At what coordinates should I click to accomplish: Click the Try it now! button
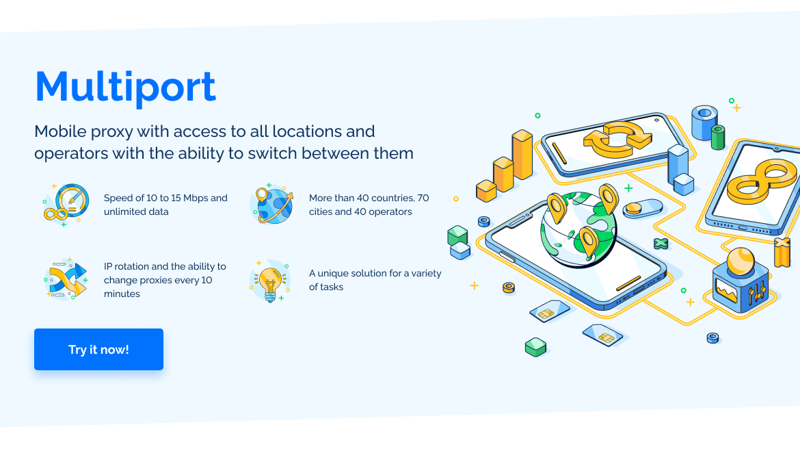pyautogui.click(x=98, y=349)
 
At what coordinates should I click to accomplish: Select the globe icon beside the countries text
pyautogui.click(x=272, y=204)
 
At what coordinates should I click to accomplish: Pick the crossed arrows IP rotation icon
pyautogui.click(x=66, y=279)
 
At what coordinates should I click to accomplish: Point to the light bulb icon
pyautogui.click(x=270, y=281)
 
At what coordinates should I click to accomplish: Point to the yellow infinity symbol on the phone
pyautogui.click(x=761, y=182)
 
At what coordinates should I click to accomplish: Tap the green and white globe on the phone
pyautogui.click(x=578, y=230)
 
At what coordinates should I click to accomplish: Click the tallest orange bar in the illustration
pyautogui.click(x=522, y=155)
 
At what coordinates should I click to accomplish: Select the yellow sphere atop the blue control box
pyautogui.click(x=741, y=261)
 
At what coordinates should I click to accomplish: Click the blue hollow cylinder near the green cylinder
pyautogui.click(x=704, y=123)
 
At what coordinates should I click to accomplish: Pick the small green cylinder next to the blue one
pyautogui.click(x=718, y=138)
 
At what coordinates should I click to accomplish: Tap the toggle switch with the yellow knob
pyautogui.click(x=642, y=208)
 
